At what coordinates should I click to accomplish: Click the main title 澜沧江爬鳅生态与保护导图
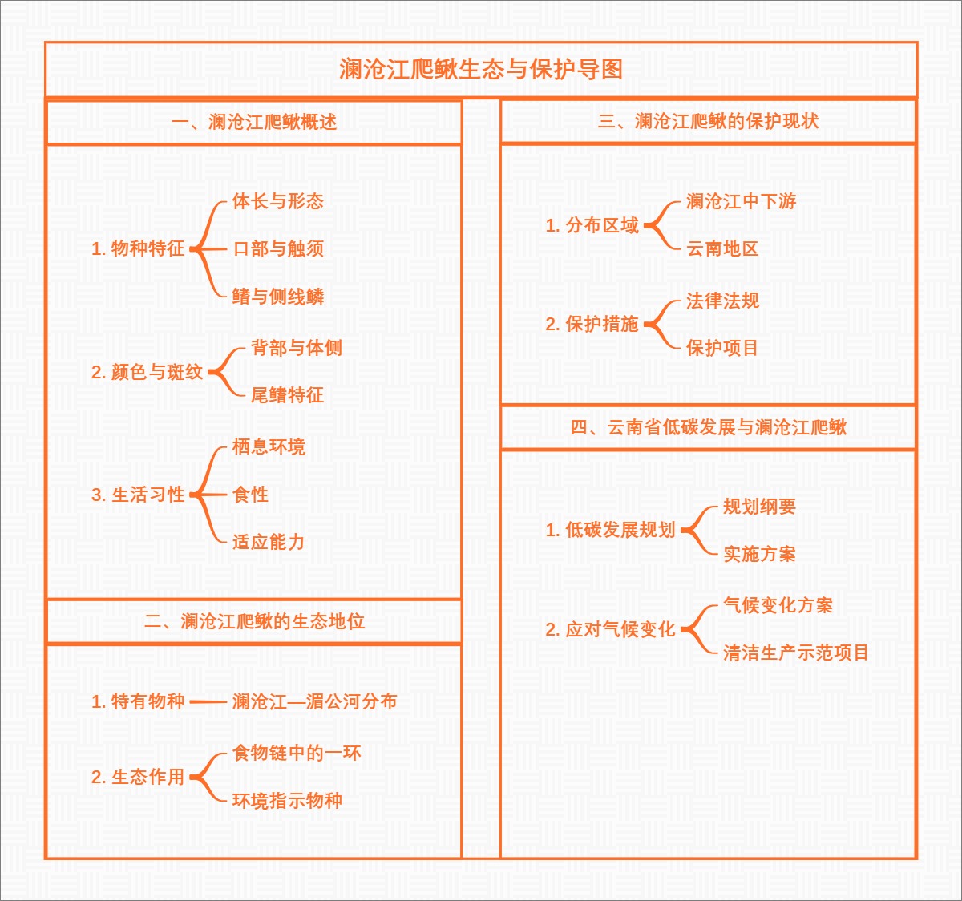point(481,70)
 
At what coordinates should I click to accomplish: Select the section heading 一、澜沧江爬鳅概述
point(254,123)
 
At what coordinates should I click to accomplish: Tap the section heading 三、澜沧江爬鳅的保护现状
point(708,122)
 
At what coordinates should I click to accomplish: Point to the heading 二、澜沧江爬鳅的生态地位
point(254,622)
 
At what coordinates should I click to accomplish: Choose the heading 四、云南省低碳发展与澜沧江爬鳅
point(708,428)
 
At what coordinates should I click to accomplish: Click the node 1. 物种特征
point(138,249)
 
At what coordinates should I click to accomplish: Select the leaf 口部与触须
point(278,249)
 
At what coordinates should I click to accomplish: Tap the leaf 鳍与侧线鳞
point(278,297)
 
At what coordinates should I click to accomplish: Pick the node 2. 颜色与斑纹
point(147,373)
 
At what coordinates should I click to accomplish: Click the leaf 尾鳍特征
point(287,395)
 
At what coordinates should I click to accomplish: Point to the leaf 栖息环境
point(269,447)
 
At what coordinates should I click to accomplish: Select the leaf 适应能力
point(269,543)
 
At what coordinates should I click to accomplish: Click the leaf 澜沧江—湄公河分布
point(314,702)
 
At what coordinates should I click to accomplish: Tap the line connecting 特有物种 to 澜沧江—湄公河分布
point(208,702)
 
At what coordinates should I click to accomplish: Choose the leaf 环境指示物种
point(287,801)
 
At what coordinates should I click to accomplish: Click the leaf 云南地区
point(722,249)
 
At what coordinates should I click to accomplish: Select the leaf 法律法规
point(722,301)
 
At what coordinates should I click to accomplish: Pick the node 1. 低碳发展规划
point(610,531)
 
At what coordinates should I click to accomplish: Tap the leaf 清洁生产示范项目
point(795,653)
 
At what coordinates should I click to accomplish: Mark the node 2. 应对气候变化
point(610,630)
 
